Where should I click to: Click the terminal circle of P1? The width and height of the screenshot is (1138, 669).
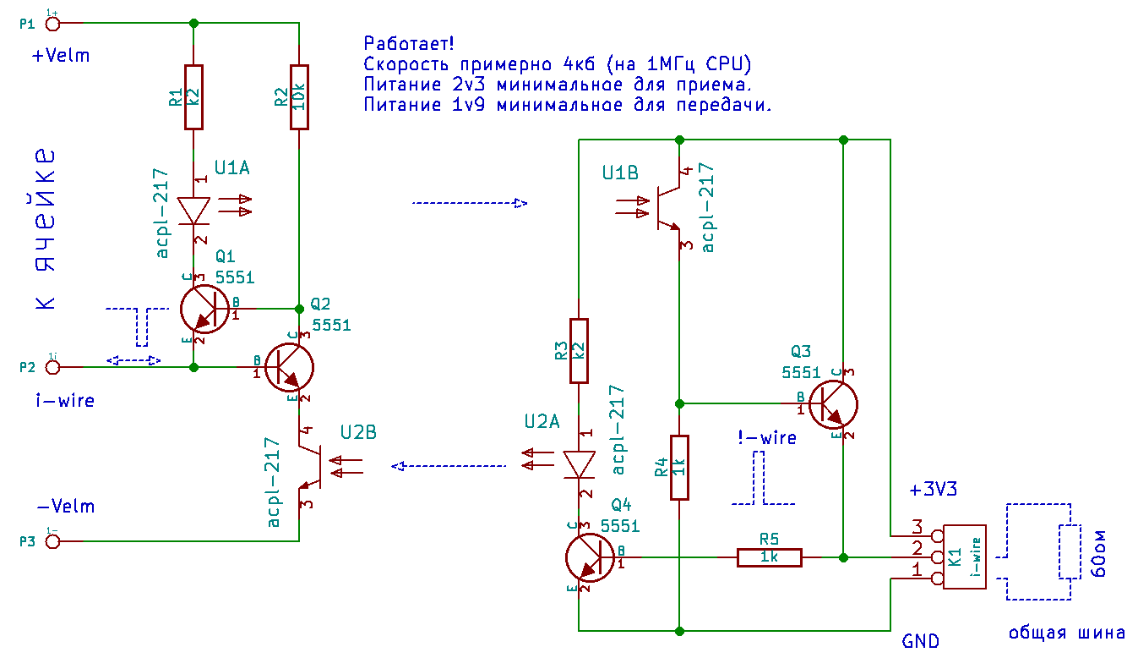pos(53,24)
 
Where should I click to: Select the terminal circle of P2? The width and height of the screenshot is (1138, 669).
pos(53,367)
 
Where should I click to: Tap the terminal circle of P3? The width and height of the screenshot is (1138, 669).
pos(53,541)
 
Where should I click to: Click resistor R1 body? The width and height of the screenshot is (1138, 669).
pos(193,97)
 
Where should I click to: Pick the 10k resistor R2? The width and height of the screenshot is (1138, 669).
pos(299,97)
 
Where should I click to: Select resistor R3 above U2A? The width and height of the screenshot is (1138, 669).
pos(579,350)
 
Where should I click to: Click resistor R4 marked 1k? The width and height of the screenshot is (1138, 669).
pos(680,468)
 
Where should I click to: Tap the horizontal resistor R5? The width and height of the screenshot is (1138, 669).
pos(769,557)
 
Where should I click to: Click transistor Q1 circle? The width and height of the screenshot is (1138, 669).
pos(205,310)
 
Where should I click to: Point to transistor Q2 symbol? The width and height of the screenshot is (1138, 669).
pos(290,367)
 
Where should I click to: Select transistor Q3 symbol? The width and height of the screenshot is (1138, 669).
pos(833,404)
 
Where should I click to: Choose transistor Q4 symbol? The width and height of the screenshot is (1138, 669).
pos(590,557)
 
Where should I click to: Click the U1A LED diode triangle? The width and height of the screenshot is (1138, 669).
pos(193,211)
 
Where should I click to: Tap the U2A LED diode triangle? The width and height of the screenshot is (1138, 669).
pos(580,464)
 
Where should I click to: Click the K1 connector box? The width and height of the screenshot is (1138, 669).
pos(964,557)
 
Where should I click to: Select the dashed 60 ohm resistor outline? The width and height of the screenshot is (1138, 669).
pos(1070,552)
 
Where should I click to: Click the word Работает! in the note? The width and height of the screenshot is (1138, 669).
pos(409,44)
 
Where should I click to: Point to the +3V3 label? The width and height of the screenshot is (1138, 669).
pos(933,490)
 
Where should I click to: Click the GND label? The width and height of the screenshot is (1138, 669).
pos(920,641)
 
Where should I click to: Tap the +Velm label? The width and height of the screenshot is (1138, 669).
pos(61,56)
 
